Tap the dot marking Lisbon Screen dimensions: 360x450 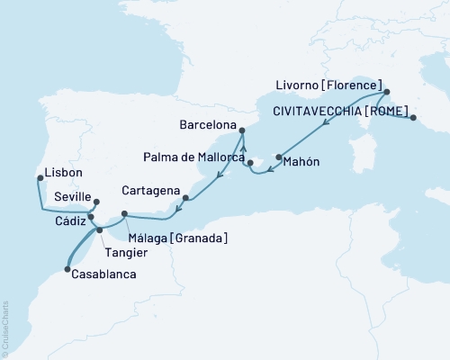39,178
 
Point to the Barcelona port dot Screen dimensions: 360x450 243,130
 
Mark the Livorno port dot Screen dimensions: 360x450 386,92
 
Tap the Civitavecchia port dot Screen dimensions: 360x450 412,117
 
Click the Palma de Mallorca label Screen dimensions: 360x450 195,157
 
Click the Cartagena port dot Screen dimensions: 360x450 184,198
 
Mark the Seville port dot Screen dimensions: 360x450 96,202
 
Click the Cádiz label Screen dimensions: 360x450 69,220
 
